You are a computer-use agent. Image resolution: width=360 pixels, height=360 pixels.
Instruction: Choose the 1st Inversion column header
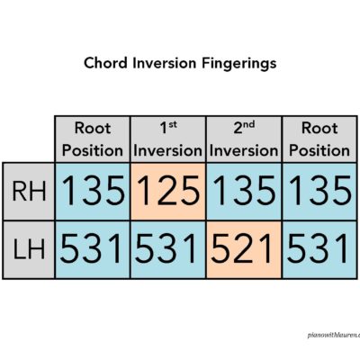click(x=168, y=139)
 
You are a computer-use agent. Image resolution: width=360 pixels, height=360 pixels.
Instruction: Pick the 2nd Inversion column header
click(x=243, y=139)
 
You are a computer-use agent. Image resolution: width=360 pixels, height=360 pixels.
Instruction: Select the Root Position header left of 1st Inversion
click(x=93, y=139)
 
